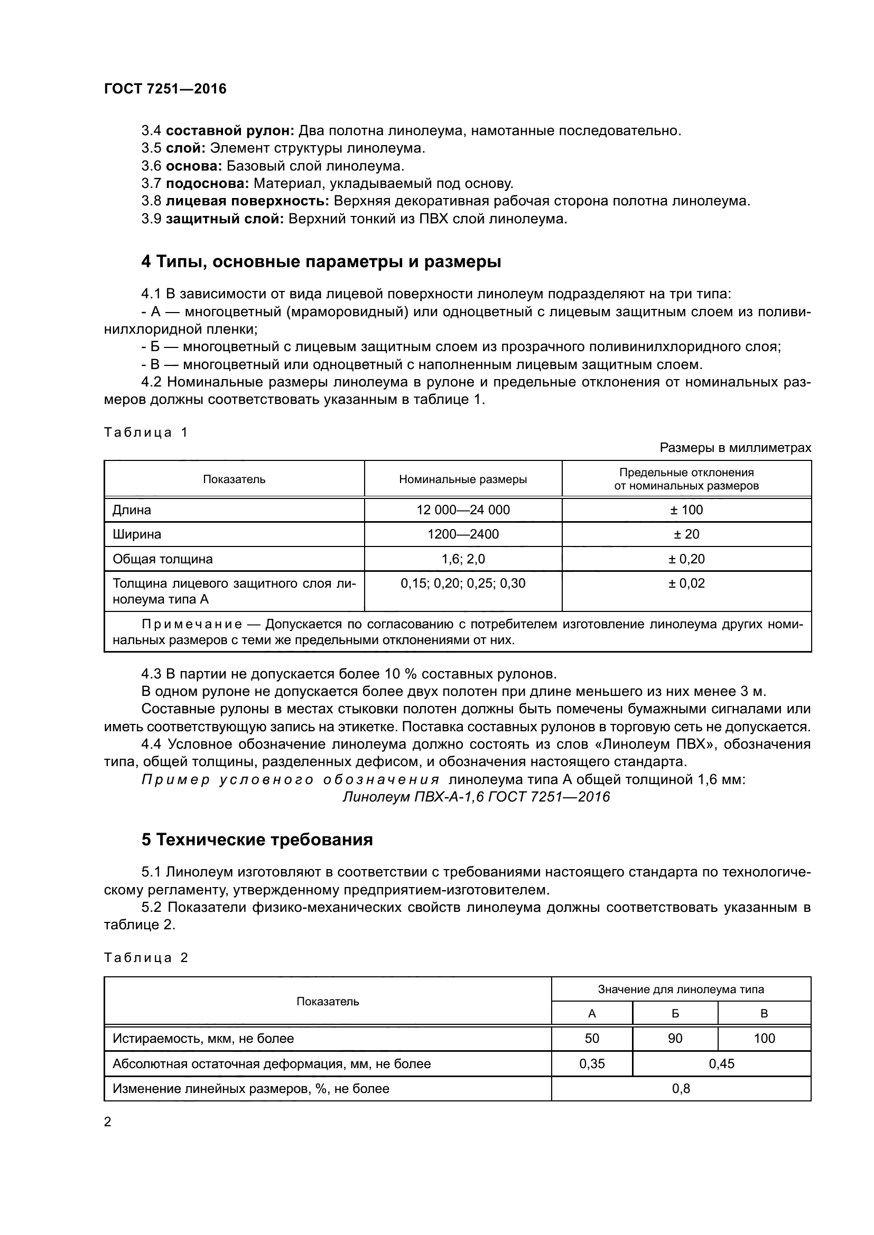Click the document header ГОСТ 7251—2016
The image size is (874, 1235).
tap(165, 89)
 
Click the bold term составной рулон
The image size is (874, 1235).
tap(230, 131)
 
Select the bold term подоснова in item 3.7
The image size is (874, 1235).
tap(207, 183)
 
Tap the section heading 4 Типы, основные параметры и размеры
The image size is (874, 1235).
tap(321, 262)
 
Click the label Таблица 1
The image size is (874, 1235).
tap(145, 432)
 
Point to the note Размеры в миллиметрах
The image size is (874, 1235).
tap(735, 448)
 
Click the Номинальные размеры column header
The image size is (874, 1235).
tap(463, 479)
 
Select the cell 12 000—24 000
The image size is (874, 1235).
tap(463, 510)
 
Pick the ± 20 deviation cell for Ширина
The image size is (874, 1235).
tap(686, 534)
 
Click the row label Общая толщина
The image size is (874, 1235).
tap(163, 559)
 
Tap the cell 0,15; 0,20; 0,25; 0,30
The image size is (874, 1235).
tap(463, 583)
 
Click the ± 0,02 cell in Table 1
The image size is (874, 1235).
tap(686, 583)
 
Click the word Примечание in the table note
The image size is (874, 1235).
tap(192, 625)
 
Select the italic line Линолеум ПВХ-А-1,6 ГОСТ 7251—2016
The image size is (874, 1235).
tap(476, 797)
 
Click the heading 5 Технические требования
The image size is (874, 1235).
tap(257, 840)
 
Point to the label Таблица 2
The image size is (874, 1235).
tap(145, 958)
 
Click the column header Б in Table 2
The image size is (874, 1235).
tap(675, 1014)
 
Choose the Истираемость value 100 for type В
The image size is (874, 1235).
tap(764, 1039)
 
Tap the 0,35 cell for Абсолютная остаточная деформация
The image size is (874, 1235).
tap(591, 1064)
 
